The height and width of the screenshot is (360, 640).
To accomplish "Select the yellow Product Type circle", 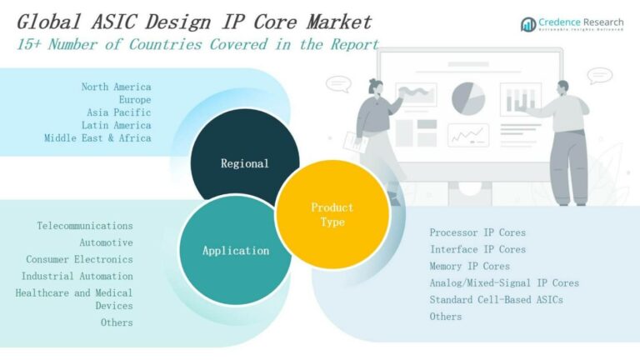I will pyautogui.click(x=332, y=214).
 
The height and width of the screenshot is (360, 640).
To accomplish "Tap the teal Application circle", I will pyautogui.click(x=235, y=251).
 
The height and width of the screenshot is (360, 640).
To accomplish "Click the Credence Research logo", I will pyautogui.click(x=573, y=23).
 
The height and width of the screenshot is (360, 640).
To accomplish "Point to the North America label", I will pyautogui.click(x=116, y=87).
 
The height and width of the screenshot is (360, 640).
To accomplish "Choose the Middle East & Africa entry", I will pyautogui.click(x=97, y=137).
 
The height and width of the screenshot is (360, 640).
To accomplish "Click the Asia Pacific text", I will pyautogui.click(x=118, y=112).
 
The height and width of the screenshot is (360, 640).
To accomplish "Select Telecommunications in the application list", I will pyautogui.click(x=84, y=226).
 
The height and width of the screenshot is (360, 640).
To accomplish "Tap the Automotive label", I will pyautogui.click(x=106, y=242).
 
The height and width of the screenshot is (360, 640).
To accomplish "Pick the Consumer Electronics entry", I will pyautogui.click(x=79, y=259).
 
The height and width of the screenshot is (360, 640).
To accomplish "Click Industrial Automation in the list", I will pyautogui.click(x=77, y=276).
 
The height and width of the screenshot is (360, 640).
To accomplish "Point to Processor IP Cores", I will pyautogui.click(x=477, y=232).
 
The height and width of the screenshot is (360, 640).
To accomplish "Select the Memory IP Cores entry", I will pyautogui.click(x=469, y=266).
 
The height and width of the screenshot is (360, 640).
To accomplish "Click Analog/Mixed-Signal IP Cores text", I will pyautogui.click(x=503, y=282).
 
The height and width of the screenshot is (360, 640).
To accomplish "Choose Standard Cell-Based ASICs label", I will pyautogui.click(x=496, y=299).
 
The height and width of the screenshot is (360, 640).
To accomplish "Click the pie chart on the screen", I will pyautogui.click(x=468, y=98).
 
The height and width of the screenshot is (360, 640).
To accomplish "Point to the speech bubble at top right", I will pyautogui.click(x=599, y=76).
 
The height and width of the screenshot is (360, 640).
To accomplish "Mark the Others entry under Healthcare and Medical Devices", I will pyautogui.click(x=117, y=322).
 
